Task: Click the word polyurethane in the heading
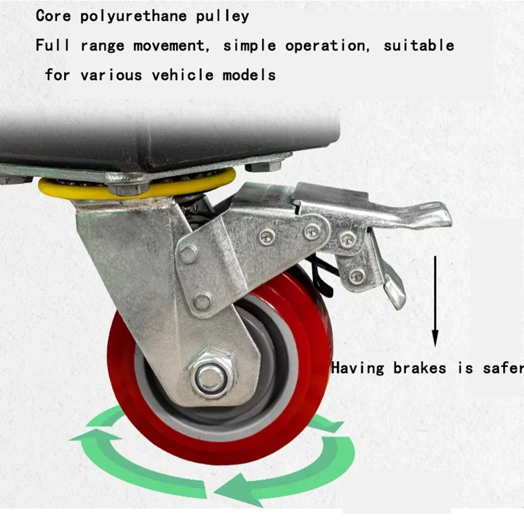pos(134,16)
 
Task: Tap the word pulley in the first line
pos(223,16)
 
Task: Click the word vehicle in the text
pos(183,74)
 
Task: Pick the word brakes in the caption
pos(419,368)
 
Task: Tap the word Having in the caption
pos(358,368)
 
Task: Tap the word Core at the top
pos(54,16)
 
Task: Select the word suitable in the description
pos(419,45)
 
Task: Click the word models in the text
pos(250,74)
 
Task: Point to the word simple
pos(250,46)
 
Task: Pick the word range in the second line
pos(103,46)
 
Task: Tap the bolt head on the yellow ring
pos(128,188)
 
